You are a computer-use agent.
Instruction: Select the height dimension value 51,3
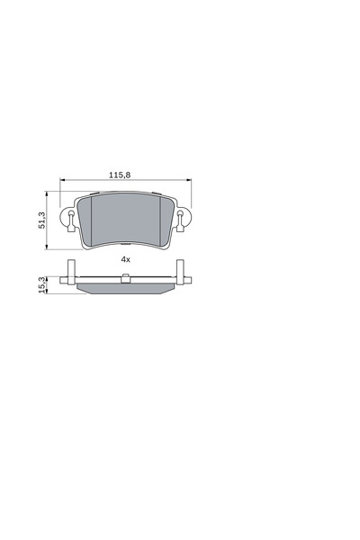tap(42, 221)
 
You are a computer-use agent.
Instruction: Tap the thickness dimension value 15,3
tap(42, 284)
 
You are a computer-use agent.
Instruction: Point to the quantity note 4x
tap(126, 259)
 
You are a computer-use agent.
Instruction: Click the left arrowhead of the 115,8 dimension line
tap(63, 181)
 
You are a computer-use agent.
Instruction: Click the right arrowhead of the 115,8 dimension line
tap(188, 181)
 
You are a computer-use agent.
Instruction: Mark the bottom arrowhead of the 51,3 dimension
tap(49, 248)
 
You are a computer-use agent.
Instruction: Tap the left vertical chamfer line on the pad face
tap(92, 220)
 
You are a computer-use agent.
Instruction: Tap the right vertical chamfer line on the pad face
tap(160, 220)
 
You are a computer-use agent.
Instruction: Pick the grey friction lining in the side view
tap(126, 287)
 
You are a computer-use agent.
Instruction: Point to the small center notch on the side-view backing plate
tap(126, 279)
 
